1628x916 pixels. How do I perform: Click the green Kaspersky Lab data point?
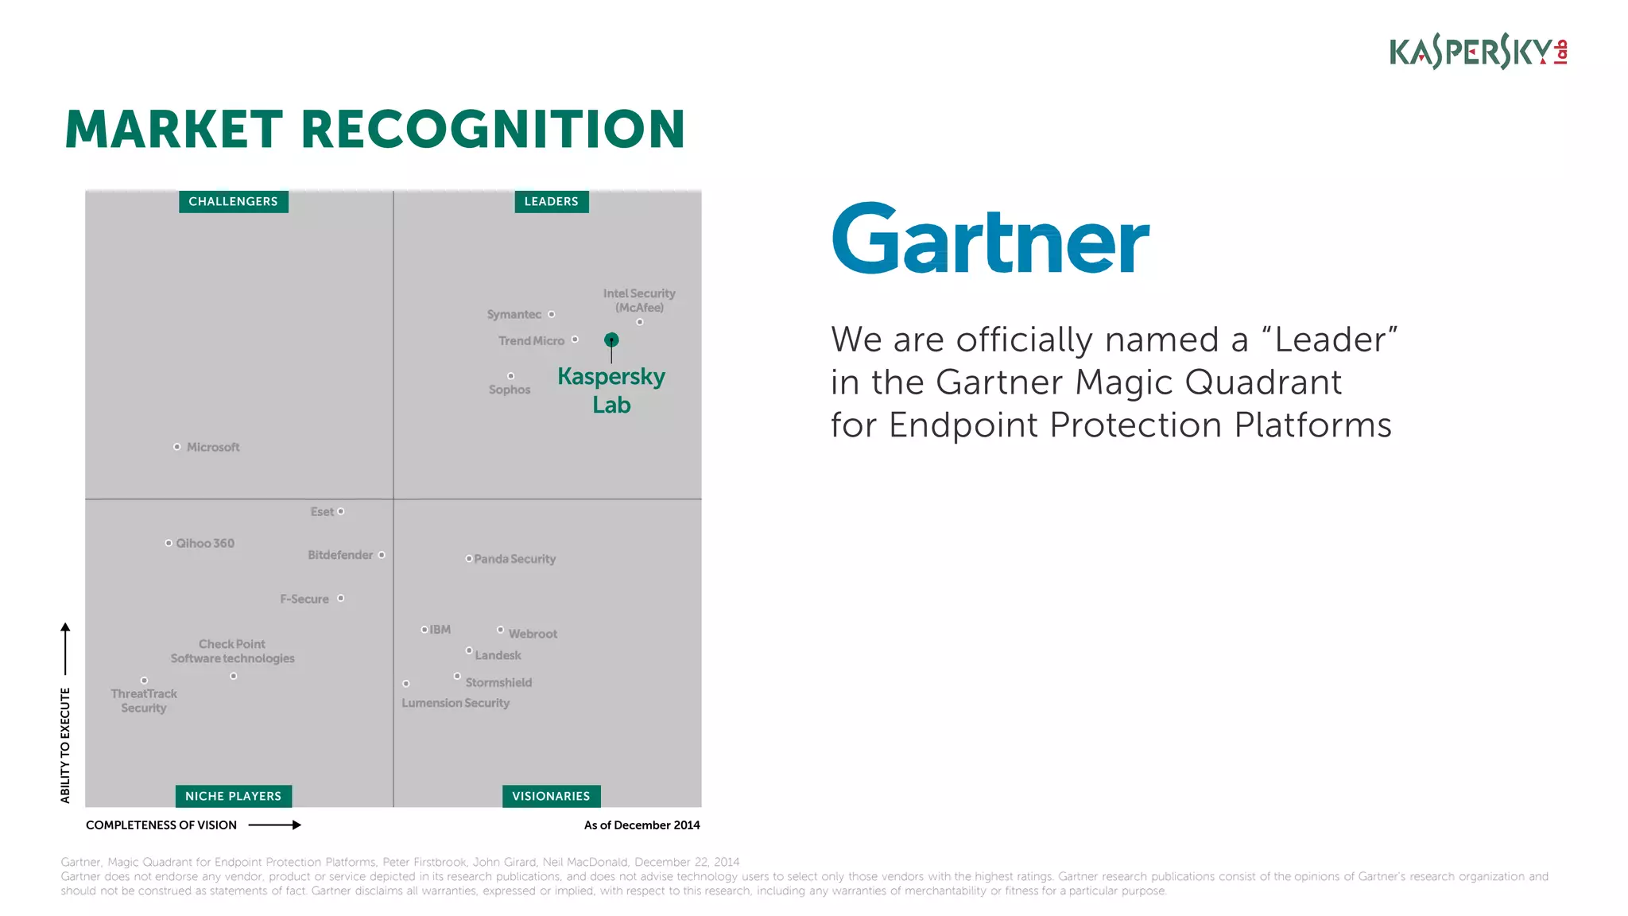click(x=611, y=340)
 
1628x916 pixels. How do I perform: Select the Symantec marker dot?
click(x=552, y=314)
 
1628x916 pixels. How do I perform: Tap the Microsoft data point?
click(x=176, y=447)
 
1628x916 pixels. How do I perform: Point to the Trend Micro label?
click(x=531, y=341)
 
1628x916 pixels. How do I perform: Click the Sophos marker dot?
click(x=510, y=376)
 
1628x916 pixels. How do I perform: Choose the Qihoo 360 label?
click(x=205, y=544)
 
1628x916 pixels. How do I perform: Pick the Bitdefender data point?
click(x=382, y=555)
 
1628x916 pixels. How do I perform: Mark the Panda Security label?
click(x=515, y=560)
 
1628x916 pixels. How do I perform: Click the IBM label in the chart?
click(x=440, y=630)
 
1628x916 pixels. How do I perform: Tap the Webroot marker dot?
click(x=500, y=630)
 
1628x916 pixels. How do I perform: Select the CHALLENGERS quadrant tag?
click(x=233, y=202)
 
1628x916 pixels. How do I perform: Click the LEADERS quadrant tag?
click(x=551, y=202)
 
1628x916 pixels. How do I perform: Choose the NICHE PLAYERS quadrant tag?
click(x=233, y=796)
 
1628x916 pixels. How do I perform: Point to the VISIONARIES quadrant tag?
click(x=551, y=796)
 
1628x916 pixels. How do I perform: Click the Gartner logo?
click(x=990, y=239)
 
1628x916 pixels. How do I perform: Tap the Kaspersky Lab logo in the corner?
click(x=1478, y=52)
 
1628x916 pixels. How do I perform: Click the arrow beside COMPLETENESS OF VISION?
click(x=275, y=825)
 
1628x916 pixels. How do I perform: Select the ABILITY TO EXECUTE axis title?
click(x=65, y=745)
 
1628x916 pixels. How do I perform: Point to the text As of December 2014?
click(x=642, y=825)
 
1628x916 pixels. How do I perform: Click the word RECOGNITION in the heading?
click(x=493, y=130)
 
